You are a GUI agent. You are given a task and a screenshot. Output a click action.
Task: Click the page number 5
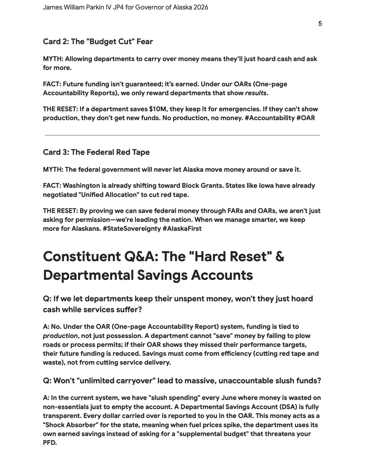click(x=320, y=24)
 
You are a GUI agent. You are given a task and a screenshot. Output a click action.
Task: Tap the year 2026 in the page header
click(x=201, y=7)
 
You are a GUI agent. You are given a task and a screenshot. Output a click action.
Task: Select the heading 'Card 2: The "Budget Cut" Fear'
click(x=98, y=42)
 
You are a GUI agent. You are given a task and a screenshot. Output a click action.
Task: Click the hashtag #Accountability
click(x=270, y=118)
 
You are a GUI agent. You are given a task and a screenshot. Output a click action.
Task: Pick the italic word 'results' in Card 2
click(x=256, y=93)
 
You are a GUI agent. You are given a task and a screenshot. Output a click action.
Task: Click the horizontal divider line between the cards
click(x=182, y=135)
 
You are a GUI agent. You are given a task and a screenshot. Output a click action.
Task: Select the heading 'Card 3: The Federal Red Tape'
click(x=96, y=152)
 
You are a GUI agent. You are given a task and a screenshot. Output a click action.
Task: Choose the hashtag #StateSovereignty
click(x=131, y=228)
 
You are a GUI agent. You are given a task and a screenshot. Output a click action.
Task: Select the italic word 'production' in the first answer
click(x=60, y=336)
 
